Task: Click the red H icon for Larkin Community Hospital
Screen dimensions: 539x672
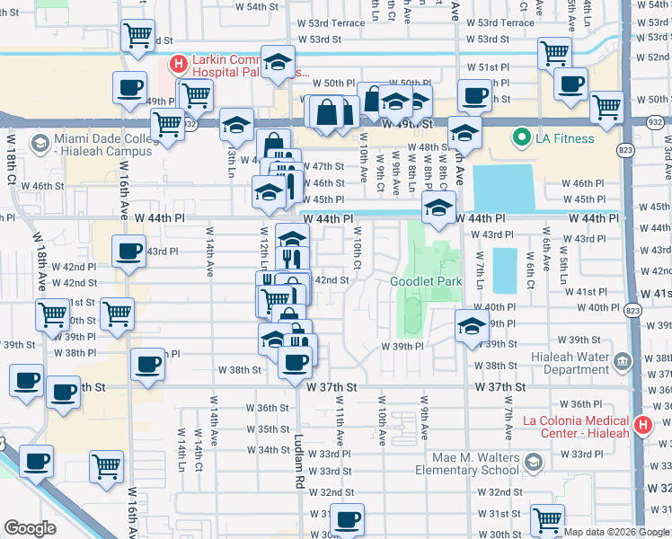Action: (x=178, y=64)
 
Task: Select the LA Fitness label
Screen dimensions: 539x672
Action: (x=566, y=138)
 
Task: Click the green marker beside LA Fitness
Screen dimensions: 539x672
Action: (x=519, y=138)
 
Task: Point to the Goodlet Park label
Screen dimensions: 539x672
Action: (x=426, y=281)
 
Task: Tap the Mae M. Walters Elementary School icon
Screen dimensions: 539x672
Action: (x=534, y=463)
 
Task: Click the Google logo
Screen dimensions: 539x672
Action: (x=30, y=528)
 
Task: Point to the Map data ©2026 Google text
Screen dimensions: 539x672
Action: (x=615, y=532)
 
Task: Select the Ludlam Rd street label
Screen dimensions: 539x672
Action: (x=299, y=462)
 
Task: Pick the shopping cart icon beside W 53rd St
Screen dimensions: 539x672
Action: (x=137, y=38)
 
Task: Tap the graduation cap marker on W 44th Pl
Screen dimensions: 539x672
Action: (x=438, y=207)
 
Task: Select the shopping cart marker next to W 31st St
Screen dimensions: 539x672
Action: (x=547, y=518)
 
